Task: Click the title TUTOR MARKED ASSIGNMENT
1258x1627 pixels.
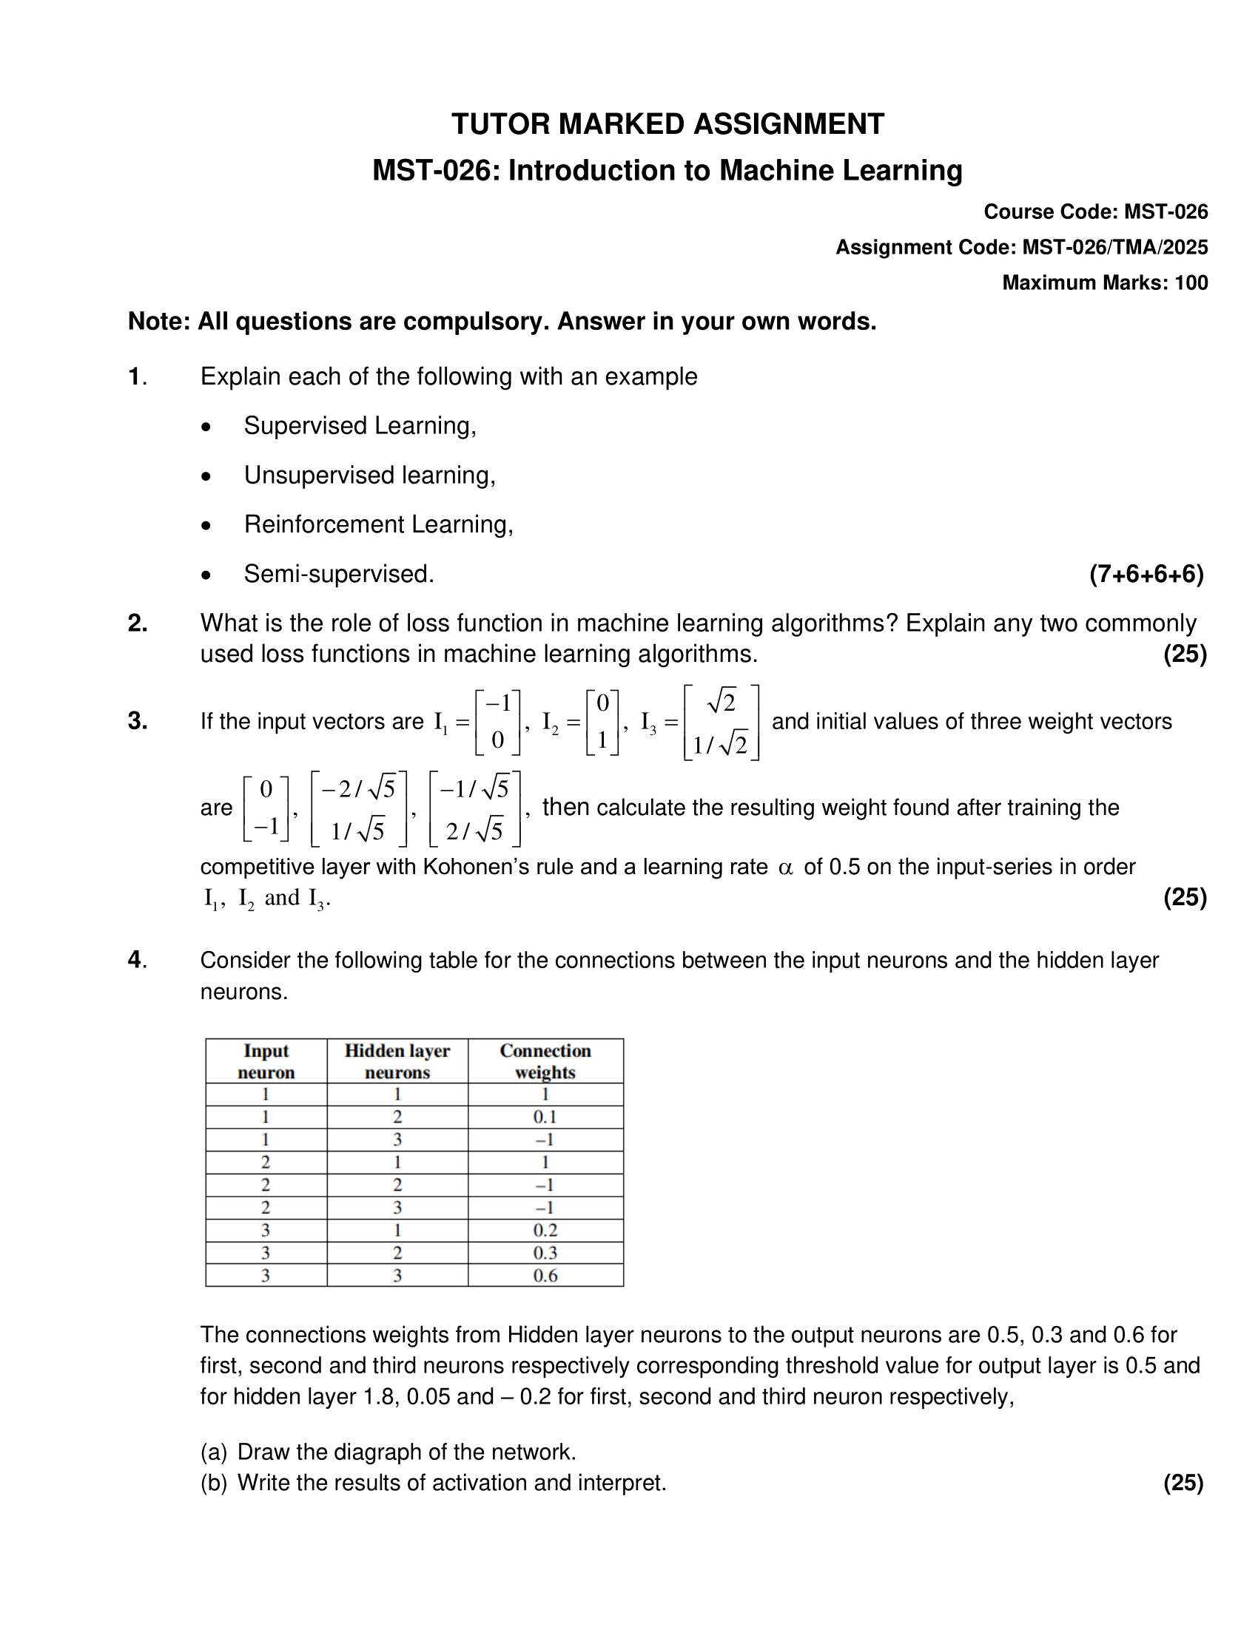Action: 667,124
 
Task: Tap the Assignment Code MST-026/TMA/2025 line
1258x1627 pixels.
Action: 1021,247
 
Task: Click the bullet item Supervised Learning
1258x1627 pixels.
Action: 359,426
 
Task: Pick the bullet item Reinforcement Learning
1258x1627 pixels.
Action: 378,524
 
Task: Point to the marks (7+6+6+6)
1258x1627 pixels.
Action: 1146,574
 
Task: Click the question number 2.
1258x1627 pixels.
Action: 137,623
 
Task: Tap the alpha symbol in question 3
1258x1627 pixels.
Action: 784,867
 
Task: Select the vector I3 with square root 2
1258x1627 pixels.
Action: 721,722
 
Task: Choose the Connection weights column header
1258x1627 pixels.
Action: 545,1061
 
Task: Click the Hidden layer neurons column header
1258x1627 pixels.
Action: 397,1061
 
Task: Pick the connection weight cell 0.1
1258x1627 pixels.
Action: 545,1117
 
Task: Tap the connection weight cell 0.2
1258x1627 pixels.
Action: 545,1230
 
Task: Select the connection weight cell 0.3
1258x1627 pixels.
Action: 545,1253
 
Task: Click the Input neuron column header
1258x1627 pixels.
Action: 266,1061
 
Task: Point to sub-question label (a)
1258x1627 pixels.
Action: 213,1452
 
